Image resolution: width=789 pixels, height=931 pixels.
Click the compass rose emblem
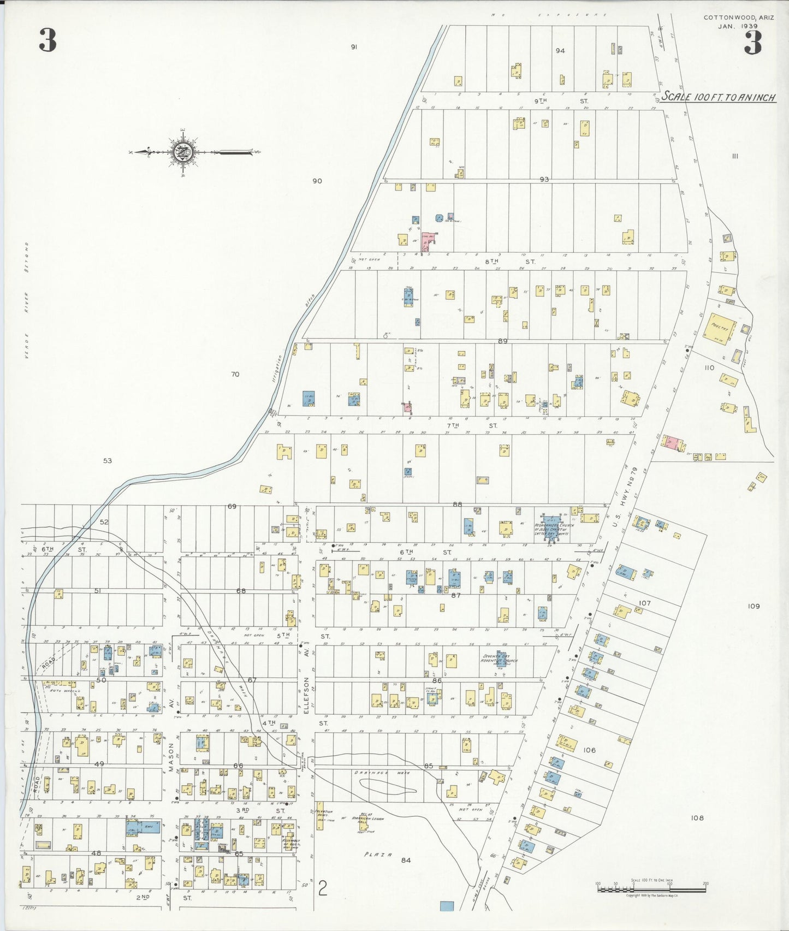(181, 152)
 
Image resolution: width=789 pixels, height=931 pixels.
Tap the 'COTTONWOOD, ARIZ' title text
(738, 17)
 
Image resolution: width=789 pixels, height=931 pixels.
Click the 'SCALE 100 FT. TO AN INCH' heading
(719, 98)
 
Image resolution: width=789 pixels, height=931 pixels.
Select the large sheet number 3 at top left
(48, 41)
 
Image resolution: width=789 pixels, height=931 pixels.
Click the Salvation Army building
(320, 816)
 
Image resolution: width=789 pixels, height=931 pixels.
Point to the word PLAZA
(378, 855)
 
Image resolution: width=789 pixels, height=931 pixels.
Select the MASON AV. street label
(171, 738)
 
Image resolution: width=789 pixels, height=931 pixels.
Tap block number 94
(560, 51)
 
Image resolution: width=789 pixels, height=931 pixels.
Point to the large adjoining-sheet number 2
(322, 891)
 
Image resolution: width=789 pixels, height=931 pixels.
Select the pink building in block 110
(672, 443)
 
